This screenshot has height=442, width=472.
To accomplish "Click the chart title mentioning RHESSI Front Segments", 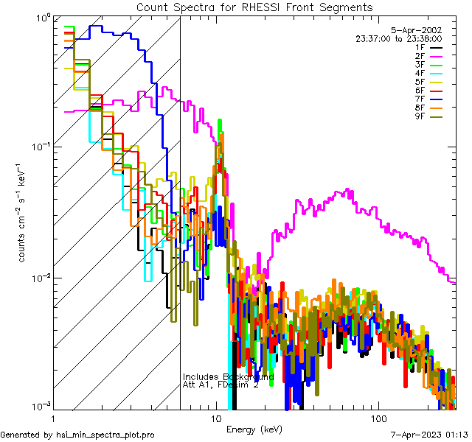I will coord(254,7).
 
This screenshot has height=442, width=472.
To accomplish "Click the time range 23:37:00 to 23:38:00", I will coord(398,38).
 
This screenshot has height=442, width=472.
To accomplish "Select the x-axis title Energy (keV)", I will coord(254,429).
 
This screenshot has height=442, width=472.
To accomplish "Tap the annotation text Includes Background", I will coord(228,377).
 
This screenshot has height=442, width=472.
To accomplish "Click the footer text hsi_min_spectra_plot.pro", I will coord(105,435).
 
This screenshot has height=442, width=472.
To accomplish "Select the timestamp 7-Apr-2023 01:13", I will coord(429,435).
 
